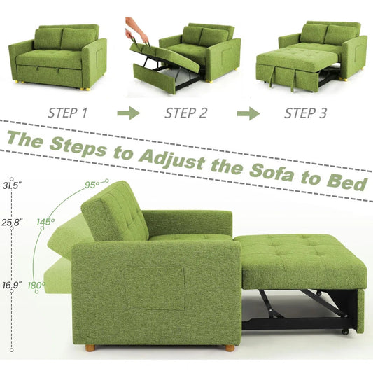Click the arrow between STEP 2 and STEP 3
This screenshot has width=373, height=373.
[248, 112]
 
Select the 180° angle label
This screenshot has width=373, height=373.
[36, 285]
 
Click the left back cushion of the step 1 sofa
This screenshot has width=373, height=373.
[48, 39]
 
